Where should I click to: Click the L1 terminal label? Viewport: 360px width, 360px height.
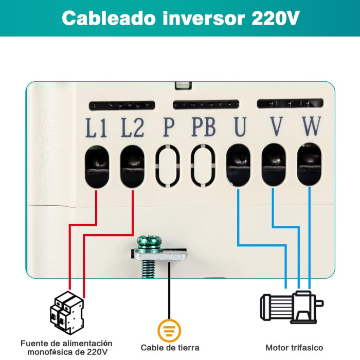[x=96, y=128]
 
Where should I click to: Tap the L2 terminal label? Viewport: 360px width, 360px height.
[x=132, y=128]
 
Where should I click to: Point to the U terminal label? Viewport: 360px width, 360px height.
[x=240, y=127]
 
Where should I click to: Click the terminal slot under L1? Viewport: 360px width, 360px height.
[x=97, y=165]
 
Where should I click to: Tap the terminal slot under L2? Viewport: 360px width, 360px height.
[x=133, y=165]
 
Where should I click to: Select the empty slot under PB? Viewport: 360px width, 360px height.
[x=203, y=165]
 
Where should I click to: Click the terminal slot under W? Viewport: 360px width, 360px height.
[x=309, y=164]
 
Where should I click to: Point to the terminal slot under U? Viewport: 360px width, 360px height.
[x=239, y=164]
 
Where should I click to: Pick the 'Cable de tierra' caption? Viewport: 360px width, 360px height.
[x=170, y=348]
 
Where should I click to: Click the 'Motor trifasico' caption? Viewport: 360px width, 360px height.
[x=294, y=348]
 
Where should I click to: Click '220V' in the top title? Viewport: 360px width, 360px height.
[x=275, y=19]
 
